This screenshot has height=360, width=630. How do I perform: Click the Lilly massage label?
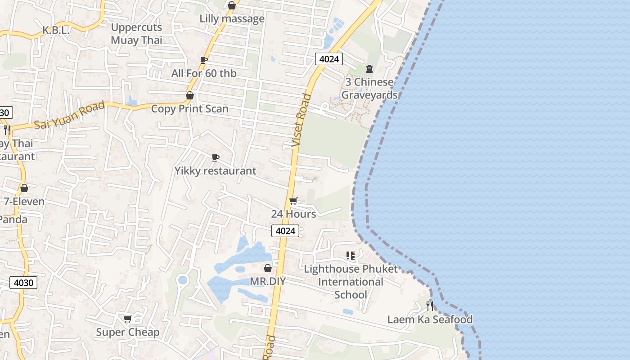232,19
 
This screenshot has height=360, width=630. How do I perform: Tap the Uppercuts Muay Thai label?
136,34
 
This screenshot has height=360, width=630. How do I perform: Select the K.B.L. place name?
56,31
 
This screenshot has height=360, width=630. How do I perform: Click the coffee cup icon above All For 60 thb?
203,60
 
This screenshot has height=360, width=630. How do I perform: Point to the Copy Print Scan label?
189,109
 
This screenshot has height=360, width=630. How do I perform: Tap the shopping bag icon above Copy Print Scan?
190,95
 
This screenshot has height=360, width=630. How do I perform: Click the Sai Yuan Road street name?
70,115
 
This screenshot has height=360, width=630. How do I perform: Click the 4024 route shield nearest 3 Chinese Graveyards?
328,59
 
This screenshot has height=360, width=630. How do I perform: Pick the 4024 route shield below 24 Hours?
285,231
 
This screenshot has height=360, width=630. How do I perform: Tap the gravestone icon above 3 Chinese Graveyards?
369,69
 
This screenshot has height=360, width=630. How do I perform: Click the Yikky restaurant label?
215,171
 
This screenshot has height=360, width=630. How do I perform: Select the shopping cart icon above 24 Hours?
293,201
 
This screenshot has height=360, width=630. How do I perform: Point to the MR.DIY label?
268,282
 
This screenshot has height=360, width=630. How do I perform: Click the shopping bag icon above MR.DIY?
268,268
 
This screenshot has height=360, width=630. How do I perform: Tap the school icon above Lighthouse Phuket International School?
351,256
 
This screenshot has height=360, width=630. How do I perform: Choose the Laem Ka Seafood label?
430,319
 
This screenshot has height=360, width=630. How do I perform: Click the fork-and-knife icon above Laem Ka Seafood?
430,306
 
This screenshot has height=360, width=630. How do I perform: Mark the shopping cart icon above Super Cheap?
127,319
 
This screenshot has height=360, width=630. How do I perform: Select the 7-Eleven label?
24,202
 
